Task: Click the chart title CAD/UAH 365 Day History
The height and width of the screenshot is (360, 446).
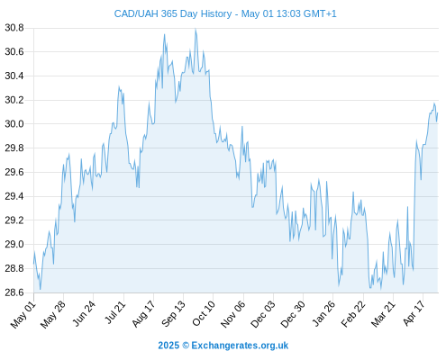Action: pos(173,14)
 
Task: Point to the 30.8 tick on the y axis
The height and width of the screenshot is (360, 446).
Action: pos(14,28)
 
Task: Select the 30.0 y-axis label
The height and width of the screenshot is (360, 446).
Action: pos(14,124)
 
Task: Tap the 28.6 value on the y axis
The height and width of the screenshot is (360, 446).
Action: pos(14,292)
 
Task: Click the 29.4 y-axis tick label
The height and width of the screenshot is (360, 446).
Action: pos(14,196)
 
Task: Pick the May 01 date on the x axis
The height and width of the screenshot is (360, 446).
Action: pos(23,315)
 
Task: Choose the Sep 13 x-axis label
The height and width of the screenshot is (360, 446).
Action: pos(174,314)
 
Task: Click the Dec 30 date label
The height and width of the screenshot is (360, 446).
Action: pos(293,314)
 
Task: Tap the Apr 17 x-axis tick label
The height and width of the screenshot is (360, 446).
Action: pos(414,313)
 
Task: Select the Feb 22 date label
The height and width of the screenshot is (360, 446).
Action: pos(353,314)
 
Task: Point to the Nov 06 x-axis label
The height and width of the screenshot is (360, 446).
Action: pos(233,314)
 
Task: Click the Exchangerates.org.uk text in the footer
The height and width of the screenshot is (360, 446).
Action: pos(240,346)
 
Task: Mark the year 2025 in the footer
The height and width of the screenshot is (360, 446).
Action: pos(168,346)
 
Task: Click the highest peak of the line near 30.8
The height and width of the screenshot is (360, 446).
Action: pos(196,29)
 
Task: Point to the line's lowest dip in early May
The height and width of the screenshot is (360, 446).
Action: pos(41,289)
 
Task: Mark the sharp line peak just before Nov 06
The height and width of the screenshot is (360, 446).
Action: pos(242,127)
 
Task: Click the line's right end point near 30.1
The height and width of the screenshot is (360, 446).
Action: pos(438,113)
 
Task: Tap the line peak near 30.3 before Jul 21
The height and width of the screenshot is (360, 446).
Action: pos(119,86)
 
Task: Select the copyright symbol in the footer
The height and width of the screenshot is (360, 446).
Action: pos(186,346)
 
